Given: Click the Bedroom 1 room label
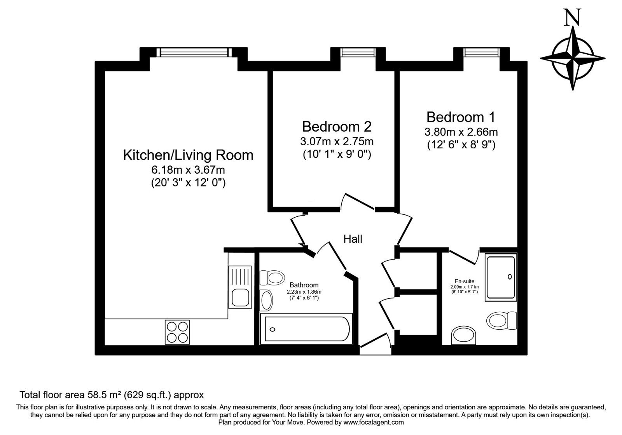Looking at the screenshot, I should (x=461, y=117).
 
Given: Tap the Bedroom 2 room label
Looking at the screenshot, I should (x=337, y=127).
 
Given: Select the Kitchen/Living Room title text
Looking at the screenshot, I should (x=188, y=155).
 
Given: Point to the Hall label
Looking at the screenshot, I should (x=353, y=239).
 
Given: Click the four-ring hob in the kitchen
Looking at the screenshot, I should (x=178, y=332).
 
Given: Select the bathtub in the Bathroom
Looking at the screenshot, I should (x=305, y=330).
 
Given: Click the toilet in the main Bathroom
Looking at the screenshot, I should (x=271, y=277).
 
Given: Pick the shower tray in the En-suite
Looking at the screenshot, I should (x=501, y=277).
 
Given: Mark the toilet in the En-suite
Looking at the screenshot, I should (x=501, y=321).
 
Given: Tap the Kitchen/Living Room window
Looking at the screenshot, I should (x=193, y=52).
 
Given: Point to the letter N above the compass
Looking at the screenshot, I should (x=573, y=18).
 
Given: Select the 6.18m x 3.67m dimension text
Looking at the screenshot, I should (x=188, y=170).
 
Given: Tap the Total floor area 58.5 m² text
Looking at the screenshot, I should (x=112, y=395).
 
